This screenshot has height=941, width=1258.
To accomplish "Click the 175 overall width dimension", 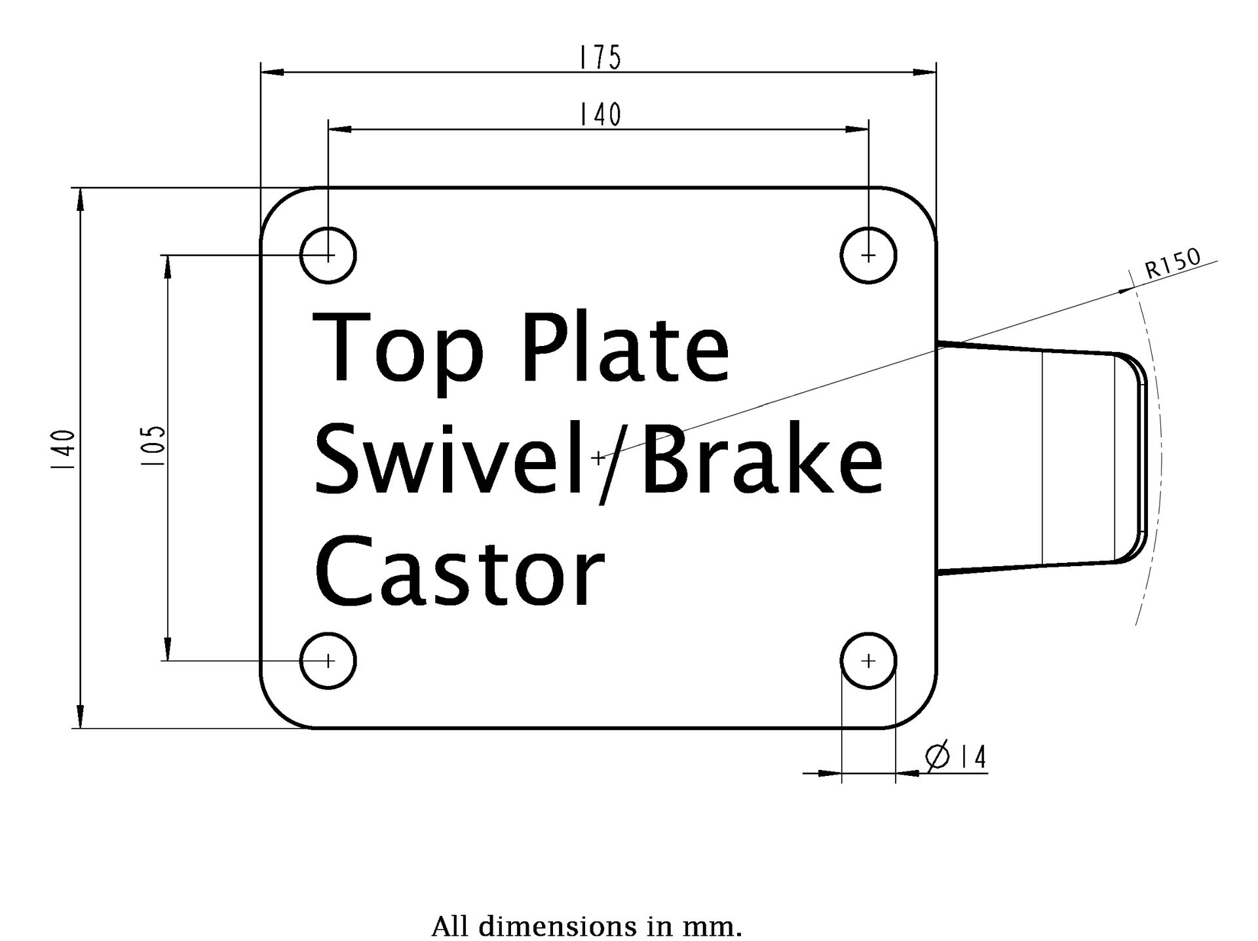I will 600,58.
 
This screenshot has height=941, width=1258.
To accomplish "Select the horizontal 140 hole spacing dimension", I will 600,115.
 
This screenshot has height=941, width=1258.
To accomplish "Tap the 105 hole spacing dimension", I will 156,446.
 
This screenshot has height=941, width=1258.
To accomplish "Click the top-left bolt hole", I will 328,255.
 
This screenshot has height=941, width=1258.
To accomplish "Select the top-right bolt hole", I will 868,255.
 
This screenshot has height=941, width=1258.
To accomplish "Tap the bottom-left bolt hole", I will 328,661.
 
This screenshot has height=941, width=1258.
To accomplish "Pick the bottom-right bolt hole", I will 868,661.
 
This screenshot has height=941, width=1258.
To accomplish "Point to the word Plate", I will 626,347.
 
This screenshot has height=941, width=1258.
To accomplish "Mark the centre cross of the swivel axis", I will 598,458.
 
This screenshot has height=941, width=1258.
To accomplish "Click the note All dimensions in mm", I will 586,927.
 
